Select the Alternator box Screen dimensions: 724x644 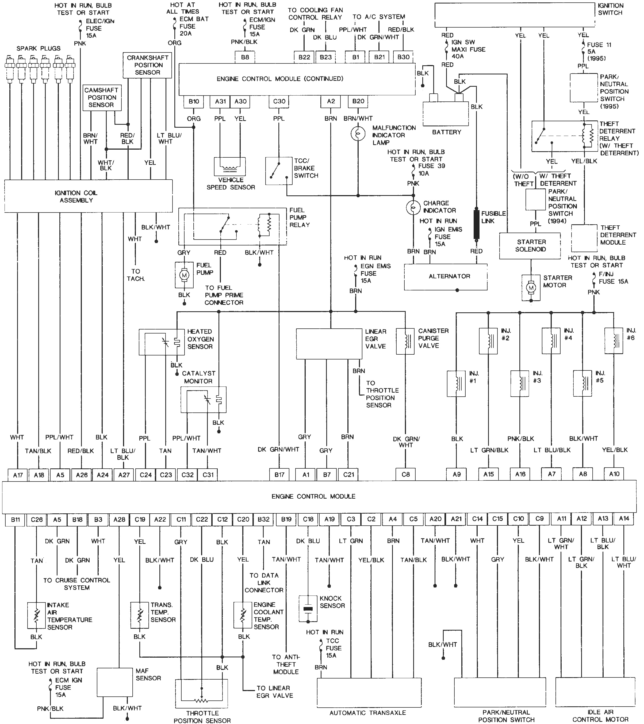[446, 277]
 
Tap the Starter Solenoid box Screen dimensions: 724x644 [530, 245]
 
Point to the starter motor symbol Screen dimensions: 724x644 [531, 288]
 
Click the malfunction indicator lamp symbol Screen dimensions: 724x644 [358, 134]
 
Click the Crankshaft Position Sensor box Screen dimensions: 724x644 [148, 65]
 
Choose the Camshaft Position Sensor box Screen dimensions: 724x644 [102, 97]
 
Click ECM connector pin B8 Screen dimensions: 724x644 [245, 57]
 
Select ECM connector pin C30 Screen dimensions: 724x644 [279, 101]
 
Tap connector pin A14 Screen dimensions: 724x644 [624, 519]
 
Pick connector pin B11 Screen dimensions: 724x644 [15, 520]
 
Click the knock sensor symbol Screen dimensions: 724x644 [308, 609]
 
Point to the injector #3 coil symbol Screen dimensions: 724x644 [520, 383]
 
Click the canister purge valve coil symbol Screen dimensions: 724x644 [405, 341]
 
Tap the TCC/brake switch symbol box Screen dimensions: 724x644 [279, 171]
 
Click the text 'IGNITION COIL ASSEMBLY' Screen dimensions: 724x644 [76, 196]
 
